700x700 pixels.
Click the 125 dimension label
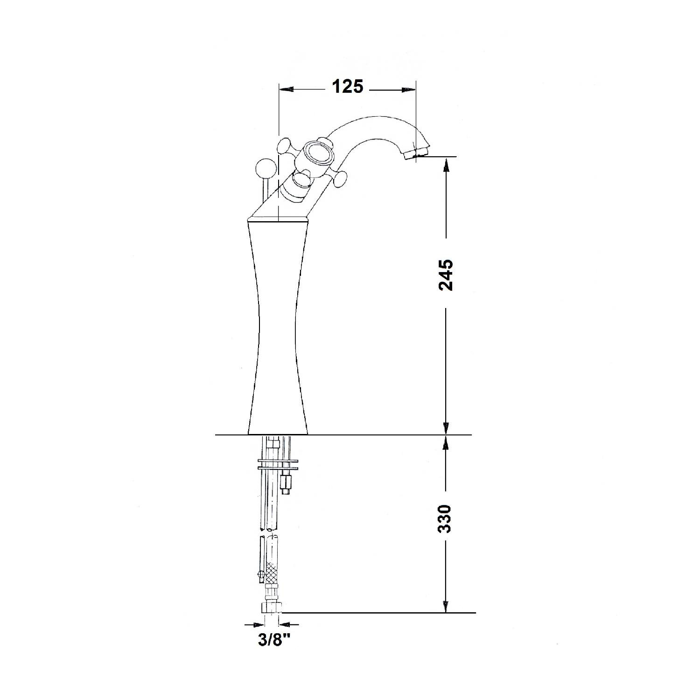(347, 87)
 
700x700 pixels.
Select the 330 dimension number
(446, 518)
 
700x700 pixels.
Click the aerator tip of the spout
(416, 153)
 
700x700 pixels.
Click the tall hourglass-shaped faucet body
(277, 327)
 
